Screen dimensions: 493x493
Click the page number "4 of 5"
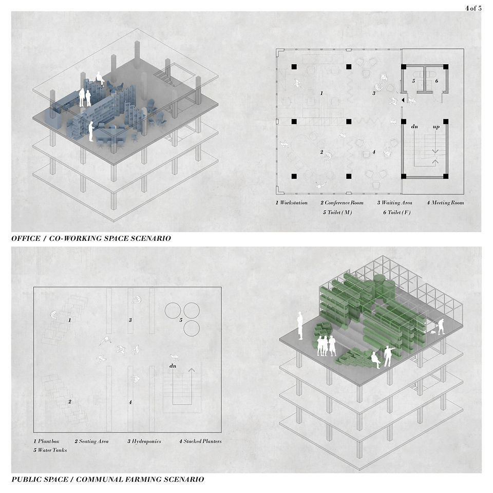[x=473, y=8]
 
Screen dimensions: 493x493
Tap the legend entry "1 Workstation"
[x=292, y=203]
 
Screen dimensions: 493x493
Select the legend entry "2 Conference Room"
[x=342, y=203]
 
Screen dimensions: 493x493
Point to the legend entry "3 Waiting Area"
[x=394, y=203]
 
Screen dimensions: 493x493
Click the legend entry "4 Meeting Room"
[x=445, y=203]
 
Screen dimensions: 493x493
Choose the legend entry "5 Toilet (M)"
[x=337, y=212]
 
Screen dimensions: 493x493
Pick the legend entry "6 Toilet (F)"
[x=397, y=212]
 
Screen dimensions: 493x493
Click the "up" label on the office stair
[x=436, y=127]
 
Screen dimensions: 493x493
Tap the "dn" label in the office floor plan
[x=414, y=127]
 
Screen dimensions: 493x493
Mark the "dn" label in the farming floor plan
[x=173, y=366]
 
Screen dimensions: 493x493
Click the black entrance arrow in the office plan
[x=403, y=100]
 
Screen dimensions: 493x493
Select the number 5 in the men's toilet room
[x=413, y=81]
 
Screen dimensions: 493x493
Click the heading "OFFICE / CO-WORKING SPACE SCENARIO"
[x=91, y=238]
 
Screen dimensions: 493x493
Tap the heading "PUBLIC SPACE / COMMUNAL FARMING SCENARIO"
[x=108, y=480]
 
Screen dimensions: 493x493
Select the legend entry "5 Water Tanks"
[x=50, y=450]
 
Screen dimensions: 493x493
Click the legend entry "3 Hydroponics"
[x=144, y=441]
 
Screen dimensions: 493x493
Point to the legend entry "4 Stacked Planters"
[x=200, y=441]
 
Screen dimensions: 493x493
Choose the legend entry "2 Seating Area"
[x=91, y=441]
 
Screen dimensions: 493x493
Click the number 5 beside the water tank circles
[x=181, y=320]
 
